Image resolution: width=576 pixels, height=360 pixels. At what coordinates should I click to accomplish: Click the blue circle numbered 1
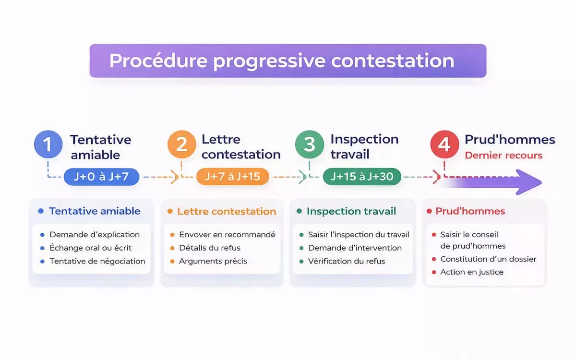(x=48, y=144)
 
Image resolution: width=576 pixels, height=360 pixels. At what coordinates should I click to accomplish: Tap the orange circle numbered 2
(x=182, y=144)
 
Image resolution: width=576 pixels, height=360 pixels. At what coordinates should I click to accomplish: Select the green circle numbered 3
(x=310, y=144)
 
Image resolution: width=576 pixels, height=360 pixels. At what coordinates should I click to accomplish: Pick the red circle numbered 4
(x=444, y=144)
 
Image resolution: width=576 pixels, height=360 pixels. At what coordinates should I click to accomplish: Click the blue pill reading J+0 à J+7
(x=102, y=177)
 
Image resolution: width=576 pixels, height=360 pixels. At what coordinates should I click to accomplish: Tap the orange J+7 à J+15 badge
(x=232, y=177)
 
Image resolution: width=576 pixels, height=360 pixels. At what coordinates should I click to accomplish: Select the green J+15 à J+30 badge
(x=362, y=177)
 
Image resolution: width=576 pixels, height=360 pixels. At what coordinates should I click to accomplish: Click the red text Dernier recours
(x=504, y=156)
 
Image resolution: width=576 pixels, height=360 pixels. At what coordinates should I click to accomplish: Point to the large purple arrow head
(x=528, y=182)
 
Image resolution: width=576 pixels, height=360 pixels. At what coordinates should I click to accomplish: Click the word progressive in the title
(x=269, y=61)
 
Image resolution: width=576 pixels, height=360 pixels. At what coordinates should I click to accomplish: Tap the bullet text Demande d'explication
(x=95, y=235)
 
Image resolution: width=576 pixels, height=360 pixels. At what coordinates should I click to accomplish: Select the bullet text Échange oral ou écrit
(x=91, y=248)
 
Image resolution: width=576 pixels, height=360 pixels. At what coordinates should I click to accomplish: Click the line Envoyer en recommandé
(x=228, y=235)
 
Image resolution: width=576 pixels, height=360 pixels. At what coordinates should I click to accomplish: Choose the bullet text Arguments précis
(x=213, y=261)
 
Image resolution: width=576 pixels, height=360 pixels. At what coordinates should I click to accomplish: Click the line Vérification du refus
(x=347, y=261)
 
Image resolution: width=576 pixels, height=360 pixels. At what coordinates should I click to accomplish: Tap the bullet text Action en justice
(x=472, y=272)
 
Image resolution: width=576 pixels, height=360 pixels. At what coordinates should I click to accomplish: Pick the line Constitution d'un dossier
(x=488, y=259)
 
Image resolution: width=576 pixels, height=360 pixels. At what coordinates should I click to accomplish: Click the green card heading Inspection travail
(x=351, y=211)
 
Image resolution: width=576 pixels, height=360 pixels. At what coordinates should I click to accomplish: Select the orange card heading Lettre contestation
(x=227, y=211)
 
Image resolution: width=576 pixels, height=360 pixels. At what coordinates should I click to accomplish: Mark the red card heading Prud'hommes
(x=470, y=211)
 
